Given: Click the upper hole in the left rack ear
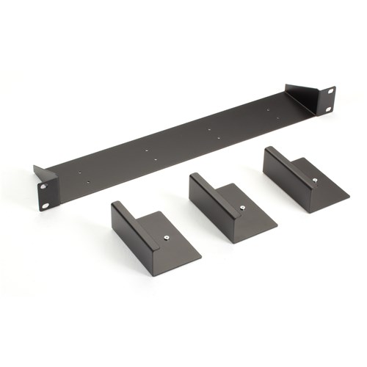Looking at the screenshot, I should point(42,186).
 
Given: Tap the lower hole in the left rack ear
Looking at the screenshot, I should point(46,206).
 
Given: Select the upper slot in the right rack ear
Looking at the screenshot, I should point(330,90).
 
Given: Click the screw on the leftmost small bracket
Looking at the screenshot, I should point(167,237).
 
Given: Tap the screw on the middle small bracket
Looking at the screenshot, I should point(242,208).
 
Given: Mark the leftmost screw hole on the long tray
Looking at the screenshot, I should point(79,174).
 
